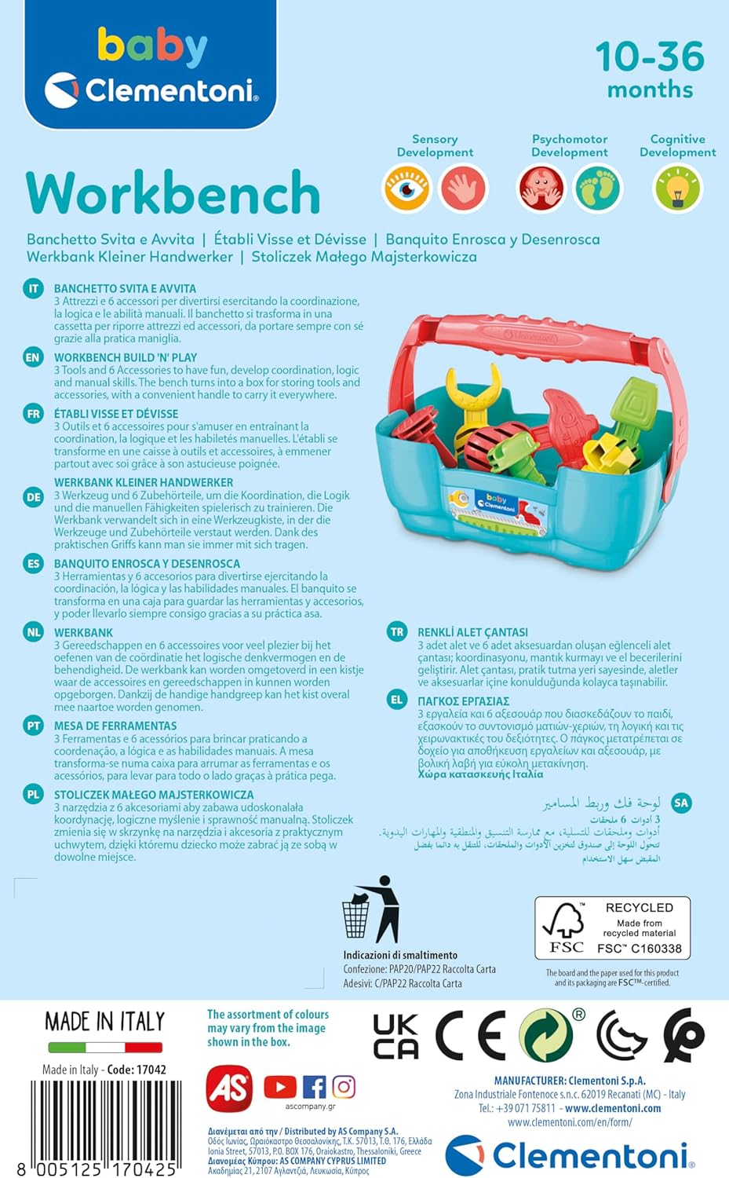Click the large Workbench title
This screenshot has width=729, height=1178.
[173, 192]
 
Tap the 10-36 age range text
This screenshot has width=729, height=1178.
[650, 57]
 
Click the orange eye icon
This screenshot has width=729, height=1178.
[406, 188]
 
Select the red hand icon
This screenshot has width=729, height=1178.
[463, 188]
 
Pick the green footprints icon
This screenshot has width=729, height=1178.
[597, 188]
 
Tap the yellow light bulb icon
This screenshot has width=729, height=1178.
[677, 188]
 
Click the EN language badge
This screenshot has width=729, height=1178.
[33, 358]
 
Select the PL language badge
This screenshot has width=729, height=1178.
[33, 795]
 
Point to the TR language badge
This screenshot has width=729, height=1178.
[397, 632]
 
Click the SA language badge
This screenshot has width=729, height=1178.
[681, 803]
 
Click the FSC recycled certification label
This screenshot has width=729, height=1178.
[612, 927]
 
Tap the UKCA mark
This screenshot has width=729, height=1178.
[395, 1037]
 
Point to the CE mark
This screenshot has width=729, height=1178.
[470, 1037]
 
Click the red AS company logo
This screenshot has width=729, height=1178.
[228, 1088]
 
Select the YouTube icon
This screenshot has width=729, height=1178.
[280, 1087]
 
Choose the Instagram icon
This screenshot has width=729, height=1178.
[344, 1087]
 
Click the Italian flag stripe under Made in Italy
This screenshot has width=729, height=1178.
[105, 1048]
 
